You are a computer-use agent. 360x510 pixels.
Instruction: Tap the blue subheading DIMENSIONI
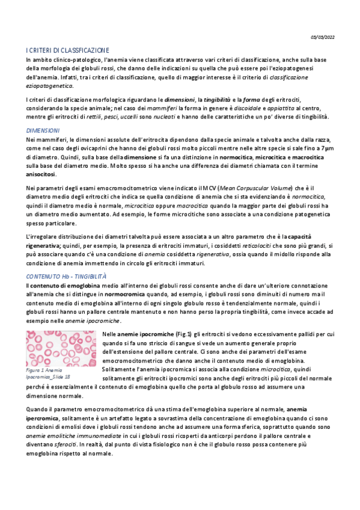[x=43, y=130]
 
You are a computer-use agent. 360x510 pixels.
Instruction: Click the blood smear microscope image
[x=60, y=349]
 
